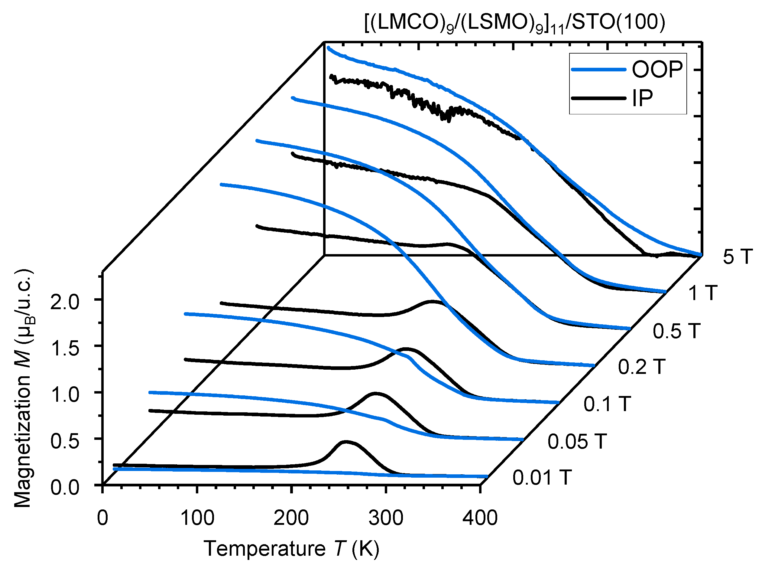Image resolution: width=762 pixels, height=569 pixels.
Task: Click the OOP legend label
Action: click(657, 70)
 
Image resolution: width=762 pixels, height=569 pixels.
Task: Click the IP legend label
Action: click(642, 99)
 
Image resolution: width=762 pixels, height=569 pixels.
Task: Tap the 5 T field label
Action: click(738, 257)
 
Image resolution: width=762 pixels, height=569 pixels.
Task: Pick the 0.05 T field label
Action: click(577, 442)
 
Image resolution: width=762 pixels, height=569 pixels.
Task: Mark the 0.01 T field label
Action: click(542, 478)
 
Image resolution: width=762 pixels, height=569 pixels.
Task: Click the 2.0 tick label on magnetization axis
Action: click(65, 302)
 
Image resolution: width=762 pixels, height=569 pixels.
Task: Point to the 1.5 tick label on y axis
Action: click(65, 348)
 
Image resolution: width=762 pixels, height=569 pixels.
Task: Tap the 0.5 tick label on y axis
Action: click(65, 441)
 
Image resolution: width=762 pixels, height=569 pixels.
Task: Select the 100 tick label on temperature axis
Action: click(197, 518)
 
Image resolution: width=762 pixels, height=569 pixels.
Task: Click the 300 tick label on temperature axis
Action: click(386, 518)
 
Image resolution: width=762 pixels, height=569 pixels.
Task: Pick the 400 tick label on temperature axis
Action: click(480, 518)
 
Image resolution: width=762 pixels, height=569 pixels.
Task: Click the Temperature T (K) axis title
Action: click(291, 549)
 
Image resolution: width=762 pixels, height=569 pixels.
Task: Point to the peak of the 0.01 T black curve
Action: click(346, 442)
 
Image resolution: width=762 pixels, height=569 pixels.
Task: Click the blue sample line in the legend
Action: click(598, 70)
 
